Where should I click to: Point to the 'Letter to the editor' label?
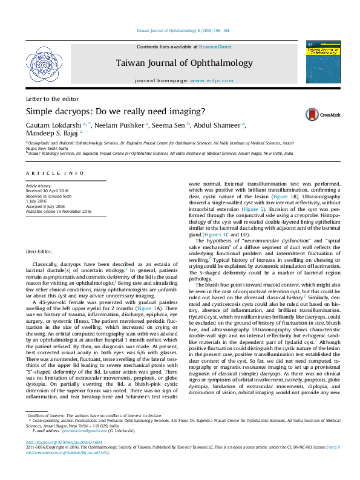[x=52, y=99]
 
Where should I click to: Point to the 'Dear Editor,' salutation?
[x=40, y=268]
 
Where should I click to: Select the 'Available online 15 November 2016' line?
[x=58, y=211]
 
